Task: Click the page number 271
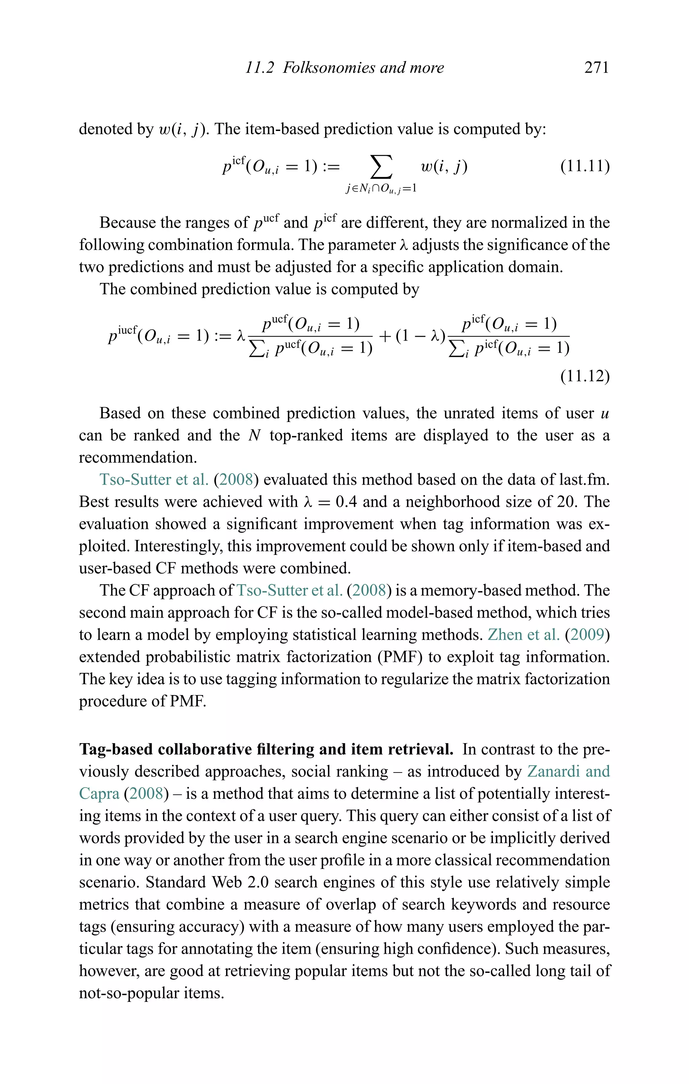click(596, 68)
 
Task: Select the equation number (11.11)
click(585, 166)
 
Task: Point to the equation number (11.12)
click(585, 376)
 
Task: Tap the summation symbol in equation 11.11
click(381, 167)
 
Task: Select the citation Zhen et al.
click(523, 635)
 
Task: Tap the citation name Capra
click(99, 793)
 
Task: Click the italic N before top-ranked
click(254, 435)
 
